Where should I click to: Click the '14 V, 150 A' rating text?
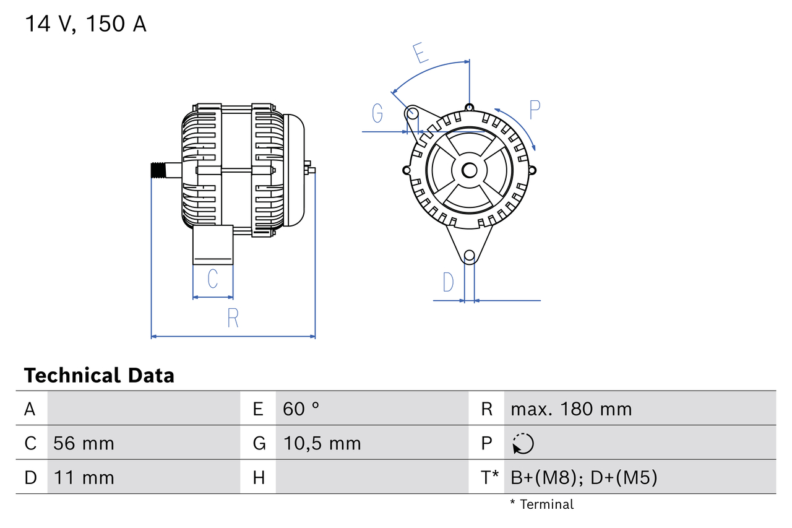[85, 24]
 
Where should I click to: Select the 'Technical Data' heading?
[99, 375]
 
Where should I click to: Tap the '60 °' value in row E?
[301, 409]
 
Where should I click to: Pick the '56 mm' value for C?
[84, 443]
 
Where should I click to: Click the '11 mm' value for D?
[84, 478]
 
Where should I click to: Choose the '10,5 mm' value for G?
[322, 443]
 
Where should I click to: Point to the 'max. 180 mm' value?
[571, 409]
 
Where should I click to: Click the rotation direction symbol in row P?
[523, 443]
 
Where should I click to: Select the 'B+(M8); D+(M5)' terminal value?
[583, 478]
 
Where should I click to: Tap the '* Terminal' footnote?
[541, 504]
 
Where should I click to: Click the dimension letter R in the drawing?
[233, 318]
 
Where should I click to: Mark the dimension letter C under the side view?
[212, 279]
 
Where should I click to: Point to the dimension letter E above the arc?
[420, 53]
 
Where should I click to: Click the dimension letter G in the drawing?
[377, 113]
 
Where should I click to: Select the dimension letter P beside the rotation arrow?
[535, 110]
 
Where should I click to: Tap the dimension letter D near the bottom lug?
[448, 282]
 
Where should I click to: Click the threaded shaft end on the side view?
[160, 170]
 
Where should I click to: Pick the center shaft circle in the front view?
[470, 170]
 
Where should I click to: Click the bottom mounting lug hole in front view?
[470, 255]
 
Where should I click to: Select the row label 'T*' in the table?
[489, 478]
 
